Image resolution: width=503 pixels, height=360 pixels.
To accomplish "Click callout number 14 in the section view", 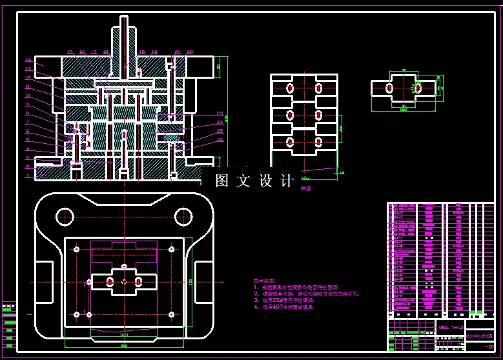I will pyautogui.click(x=28, y=59).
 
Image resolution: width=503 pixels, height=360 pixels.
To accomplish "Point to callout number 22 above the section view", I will pyautogui.click(x=190, y=52).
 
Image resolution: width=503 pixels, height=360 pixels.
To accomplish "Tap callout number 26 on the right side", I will pyautogui.click(x=220, y=140).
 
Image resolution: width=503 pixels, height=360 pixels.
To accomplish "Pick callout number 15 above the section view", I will pyautogui.click(x=70, y=52).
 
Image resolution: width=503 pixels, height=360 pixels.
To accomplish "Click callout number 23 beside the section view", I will pyautogui.click(x=220, y=113).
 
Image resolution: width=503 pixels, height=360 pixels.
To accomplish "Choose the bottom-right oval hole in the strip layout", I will pyautogui.click(x=318, y=143).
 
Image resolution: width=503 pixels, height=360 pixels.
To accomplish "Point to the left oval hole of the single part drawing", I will pyautogui.click(x=389, y=88).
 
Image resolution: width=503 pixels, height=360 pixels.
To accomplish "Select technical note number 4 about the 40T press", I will pyautogui.click(x=285, y=308).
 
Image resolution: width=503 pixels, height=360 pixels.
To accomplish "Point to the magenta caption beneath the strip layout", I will pyautogui.click(x=306, y=189).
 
